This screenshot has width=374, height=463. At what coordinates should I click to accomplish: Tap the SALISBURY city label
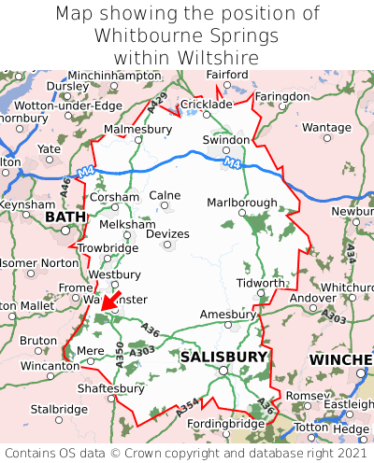[x=223, y=357]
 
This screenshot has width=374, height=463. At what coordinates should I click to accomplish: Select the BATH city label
[x=64, y=217]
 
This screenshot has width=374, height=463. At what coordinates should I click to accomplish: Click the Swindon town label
[x=226, y=140]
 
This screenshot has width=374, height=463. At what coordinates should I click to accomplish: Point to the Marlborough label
[x=241, y=203]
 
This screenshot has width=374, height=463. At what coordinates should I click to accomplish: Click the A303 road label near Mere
[x=142, y=352]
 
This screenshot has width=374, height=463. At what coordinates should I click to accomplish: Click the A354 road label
[x=186, y=407]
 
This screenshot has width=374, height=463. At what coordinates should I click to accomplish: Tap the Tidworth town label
[x=259, y=283]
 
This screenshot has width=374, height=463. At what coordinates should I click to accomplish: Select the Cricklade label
[x=205, y=105]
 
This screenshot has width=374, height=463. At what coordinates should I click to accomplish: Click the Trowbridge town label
[x=108, y=248]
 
